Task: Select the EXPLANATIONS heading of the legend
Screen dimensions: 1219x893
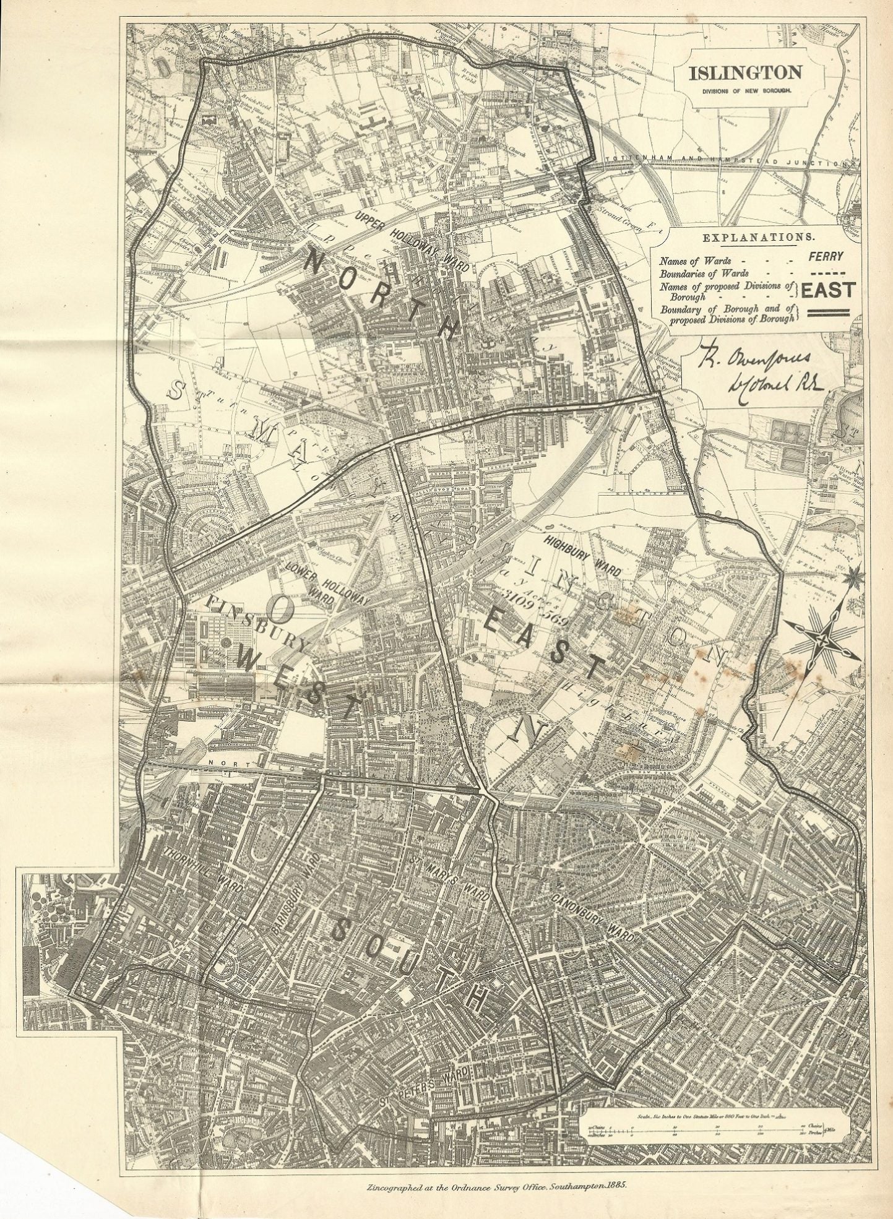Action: click(757, 237)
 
